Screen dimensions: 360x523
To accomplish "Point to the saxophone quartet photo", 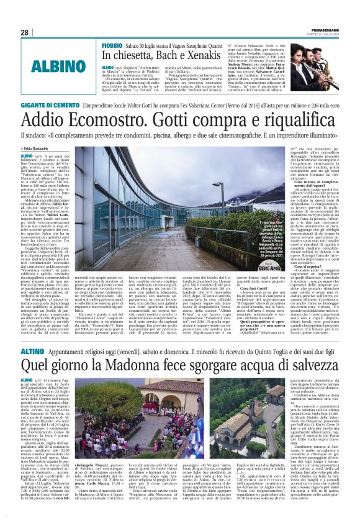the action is (313, 63).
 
